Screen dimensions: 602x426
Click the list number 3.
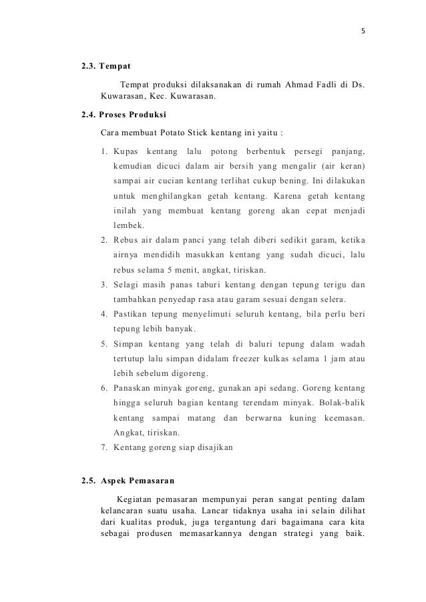pyautogui.click(x=104, y=285)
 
